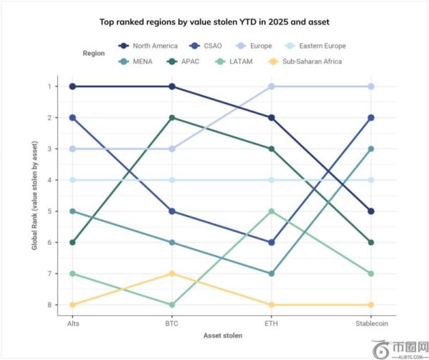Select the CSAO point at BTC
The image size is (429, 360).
(172, 211)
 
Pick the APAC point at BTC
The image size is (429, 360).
(172, 117)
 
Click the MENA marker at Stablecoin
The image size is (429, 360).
(371, 149)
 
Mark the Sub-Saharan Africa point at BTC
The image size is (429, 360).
(172, 274)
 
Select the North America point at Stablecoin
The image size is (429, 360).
(371, 211)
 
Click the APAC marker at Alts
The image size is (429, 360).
(72, 243)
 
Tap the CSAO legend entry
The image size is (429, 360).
(207, 46)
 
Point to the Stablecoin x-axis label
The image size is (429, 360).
(371, 322)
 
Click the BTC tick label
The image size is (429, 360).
(172, 322)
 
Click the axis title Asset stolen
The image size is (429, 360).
(222, 336)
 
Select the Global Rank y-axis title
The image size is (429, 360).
(34, 196)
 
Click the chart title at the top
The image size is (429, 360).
(214, 21)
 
